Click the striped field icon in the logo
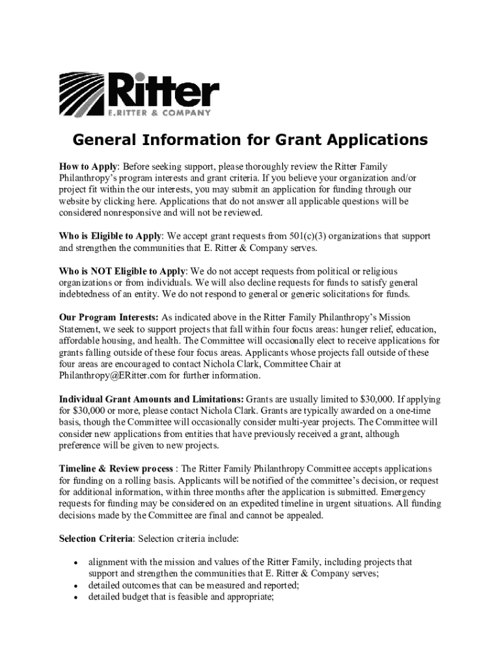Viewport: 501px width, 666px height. (x=82, y=94)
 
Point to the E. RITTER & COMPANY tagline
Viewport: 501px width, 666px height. (x=159, y=113)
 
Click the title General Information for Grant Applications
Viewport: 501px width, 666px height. (x=250, y=140)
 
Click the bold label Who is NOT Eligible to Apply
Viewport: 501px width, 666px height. (x=122, y=271)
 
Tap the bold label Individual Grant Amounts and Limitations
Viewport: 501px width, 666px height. (x=152, y=399)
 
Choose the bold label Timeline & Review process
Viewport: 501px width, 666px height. (x=116, y=469)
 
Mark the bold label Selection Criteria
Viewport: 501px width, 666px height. (x=96, y=539)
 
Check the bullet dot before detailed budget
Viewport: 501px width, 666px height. (x=76, y=597)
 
